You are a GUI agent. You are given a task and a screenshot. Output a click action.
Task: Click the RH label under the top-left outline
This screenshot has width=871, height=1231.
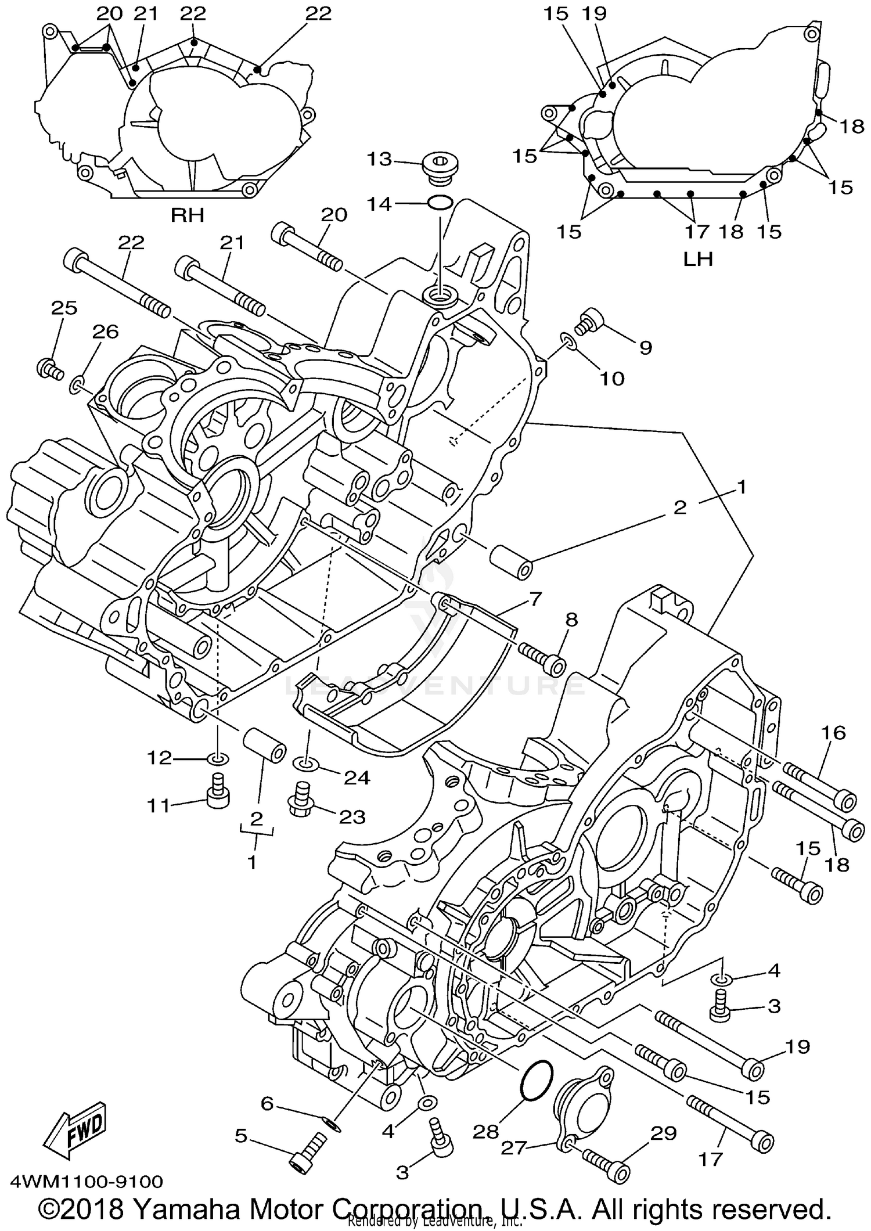pyautogui.click(x=187, y=215)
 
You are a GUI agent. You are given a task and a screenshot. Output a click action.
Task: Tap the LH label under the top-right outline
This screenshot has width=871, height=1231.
pyautogui.click(x=697, y=258)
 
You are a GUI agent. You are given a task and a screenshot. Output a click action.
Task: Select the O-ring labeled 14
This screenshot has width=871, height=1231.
pyautogui.click(x=440, y=203)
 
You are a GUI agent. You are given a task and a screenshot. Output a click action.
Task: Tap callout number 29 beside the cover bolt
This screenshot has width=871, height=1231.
pyautogui.click(x=663, y=1133)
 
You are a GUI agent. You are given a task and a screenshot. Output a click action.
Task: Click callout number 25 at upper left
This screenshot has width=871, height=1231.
pyautogui.click(x=64, y=307)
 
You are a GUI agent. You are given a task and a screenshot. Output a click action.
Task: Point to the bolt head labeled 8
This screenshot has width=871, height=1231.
pyautogui.click(x=556, y=665)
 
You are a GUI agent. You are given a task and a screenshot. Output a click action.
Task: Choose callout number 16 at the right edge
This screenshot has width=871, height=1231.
pyautogui.click(x=833, y=733)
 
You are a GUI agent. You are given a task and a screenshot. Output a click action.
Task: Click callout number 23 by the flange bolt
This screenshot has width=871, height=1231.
pyautogui.click(x=352, y=817)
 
